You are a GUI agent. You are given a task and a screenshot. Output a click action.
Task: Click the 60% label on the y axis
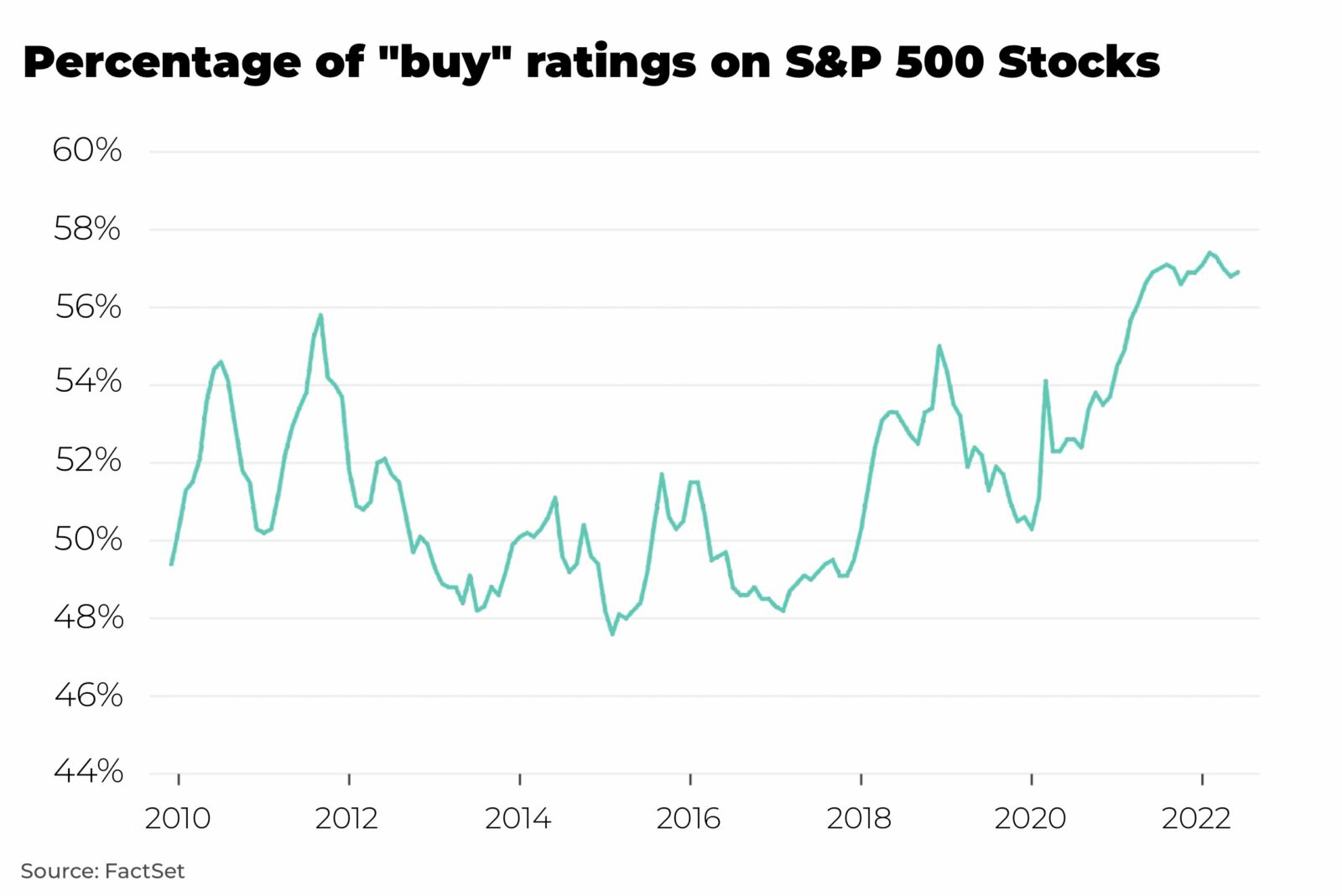click(87, 151)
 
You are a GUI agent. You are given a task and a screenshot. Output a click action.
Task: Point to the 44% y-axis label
click(88, 771)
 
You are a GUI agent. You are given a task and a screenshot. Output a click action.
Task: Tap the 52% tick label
click(88, 461)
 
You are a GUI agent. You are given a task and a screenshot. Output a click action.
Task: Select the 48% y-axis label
click(88, 617)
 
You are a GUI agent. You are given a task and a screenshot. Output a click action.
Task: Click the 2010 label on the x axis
click(178, 818)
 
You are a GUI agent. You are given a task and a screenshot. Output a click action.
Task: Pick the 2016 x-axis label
click(689, 818)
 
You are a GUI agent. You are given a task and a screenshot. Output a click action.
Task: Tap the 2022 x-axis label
click(1196, 818)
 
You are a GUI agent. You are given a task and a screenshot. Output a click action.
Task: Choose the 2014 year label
click(518, 818)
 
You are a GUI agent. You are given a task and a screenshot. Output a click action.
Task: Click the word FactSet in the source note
click(144, 871)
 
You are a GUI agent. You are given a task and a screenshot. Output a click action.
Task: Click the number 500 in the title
click(939, 63)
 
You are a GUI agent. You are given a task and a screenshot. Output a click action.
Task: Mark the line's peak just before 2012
click(320, 315)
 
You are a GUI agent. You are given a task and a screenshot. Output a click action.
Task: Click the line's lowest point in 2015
click(612, 634)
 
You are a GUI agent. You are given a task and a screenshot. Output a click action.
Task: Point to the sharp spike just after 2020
click(1046, 381)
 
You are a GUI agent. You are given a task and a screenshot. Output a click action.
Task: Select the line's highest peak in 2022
click(1209, 253)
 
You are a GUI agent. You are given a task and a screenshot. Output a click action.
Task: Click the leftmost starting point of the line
click(171, 564)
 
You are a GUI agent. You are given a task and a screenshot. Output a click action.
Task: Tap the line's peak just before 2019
click(939, 346)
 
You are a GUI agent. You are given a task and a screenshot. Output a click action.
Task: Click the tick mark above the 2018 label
click(861, 779)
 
